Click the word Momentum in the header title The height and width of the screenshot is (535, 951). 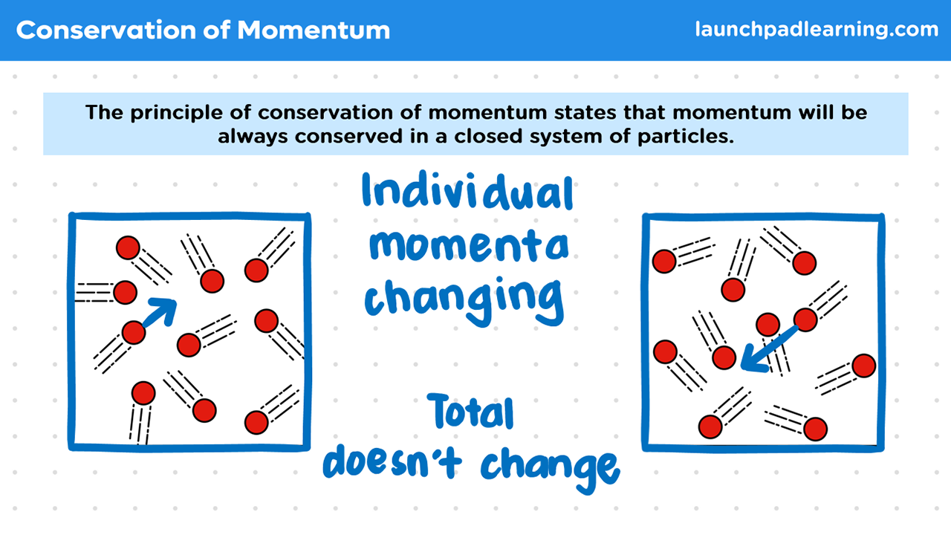pyautogui.click(x=314, y=30)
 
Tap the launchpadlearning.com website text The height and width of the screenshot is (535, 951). pyautogui.click(x=817, y=29)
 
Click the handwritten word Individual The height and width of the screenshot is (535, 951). pyautogui.click(x=468, y=192)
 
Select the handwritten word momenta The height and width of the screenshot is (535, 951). pyautogui.click(x=469, y=246)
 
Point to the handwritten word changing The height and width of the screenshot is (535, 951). pyautogui.click(x=464, y=300)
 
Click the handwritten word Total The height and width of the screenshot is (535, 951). pyautogui.click(x=471, y=411)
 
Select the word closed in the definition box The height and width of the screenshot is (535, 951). pyautogui.click(x=488, y=136)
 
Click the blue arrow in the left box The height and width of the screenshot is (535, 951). pyautogui.click(x=160, y=312)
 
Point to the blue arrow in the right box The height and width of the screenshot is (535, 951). pyautogui.click(x=769, y=349)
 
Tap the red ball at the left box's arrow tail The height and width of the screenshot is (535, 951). pyautogui.click(x=134, y=332)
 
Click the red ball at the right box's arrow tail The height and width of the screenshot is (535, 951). pyautogui.click(x=805, y=320)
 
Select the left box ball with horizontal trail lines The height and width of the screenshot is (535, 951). pyautogui.click(x=125, y=292)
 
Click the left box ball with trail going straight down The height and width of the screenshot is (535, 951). pyautogui.click(x=143, y=393)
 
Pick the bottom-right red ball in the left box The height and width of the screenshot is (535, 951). pyautogui.click(x=256, y=423)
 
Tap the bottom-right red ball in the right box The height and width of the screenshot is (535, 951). pyautogui.click(x=815, y=429)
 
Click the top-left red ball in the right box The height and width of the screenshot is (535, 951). pyautogui.click(x=664, y=261)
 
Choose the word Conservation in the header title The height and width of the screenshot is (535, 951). pyautogui.click(x=106, y=30)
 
